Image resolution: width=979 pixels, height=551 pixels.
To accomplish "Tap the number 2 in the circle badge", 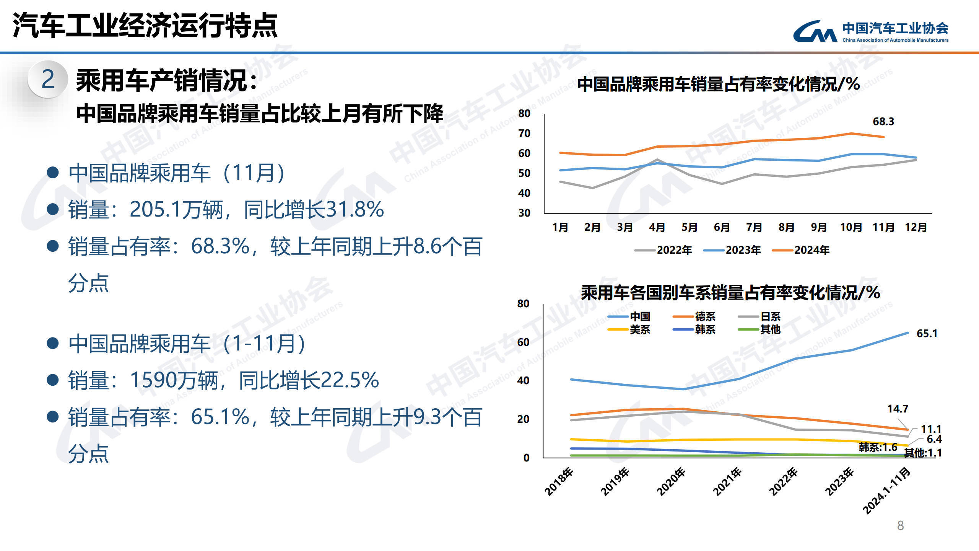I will (48, 80).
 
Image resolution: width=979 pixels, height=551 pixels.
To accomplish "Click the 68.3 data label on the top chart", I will (883, 122).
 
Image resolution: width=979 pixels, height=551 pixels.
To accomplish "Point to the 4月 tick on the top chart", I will (657, 227).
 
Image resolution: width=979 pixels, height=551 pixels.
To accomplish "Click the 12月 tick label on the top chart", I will (916, 227).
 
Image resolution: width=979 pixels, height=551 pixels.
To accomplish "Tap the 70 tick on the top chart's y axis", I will (524, 134).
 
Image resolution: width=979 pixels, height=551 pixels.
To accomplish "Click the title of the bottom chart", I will (730, 293).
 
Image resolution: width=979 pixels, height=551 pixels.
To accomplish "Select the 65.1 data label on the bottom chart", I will (927, 334).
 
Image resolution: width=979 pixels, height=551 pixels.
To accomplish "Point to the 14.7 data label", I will (898, 409).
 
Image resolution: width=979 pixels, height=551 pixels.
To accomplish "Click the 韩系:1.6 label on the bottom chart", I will (878, 447).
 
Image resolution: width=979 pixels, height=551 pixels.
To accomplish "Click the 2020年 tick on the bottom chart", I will (671, 481).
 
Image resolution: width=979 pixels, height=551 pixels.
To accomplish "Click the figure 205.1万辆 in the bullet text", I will (176, 210).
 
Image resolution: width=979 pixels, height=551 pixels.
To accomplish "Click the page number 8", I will (900, 526).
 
